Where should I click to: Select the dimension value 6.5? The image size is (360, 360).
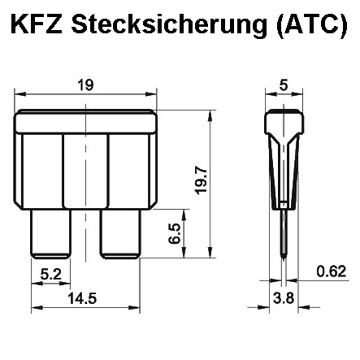174,235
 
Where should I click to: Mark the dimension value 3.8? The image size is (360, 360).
281,300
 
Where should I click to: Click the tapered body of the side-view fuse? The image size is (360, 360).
281,171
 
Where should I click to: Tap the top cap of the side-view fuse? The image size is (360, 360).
281,123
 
